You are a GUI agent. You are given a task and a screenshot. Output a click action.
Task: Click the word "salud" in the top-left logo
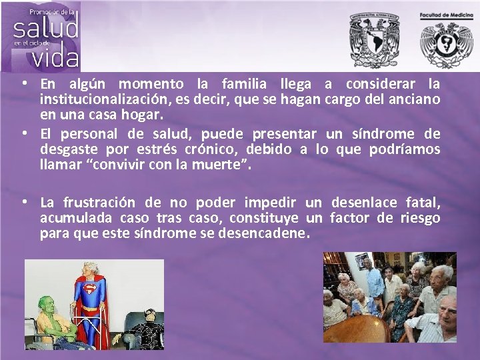coord(45,29)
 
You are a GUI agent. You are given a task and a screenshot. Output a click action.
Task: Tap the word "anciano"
coord(414,101)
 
